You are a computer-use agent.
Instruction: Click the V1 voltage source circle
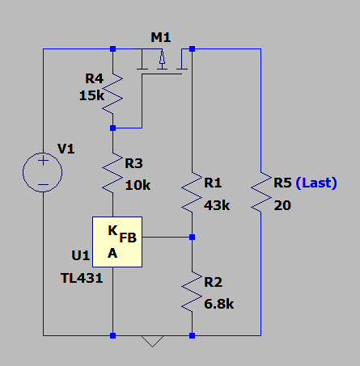click(23, 172)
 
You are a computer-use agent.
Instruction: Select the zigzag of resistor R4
click(112, 93)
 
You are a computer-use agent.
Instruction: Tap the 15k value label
click(91, 95)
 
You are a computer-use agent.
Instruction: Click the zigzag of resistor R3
click(112, 172)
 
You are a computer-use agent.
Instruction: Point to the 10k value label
click(138, 185)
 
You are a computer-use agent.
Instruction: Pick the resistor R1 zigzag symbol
click(192, 191)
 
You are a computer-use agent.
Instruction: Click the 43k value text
click(217, 205)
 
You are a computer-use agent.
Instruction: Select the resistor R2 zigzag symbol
click(192, 291)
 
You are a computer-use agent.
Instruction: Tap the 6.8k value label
click(219, 304)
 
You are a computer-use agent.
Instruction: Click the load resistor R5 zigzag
click(261, 191)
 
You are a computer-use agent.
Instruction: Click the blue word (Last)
click(316, 183)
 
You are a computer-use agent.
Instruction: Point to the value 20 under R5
click(282, 205)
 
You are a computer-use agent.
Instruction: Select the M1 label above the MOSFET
click(161, 37)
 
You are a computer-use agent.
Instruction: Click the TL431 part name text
click(82, 278)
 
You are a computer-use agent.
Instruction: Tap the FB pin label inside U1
click(128, 238)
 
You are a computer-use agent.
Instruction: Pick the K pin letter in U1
click(112, 230)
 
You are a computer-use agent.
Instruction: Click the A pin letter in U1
click(112, 254)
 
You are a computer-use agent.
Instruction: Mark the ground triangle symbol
click(152, 341)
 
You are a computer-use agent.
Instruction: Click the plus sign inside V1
click(43, 161)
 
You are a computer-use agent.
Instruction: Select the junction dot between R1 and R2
click(192, 237)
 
